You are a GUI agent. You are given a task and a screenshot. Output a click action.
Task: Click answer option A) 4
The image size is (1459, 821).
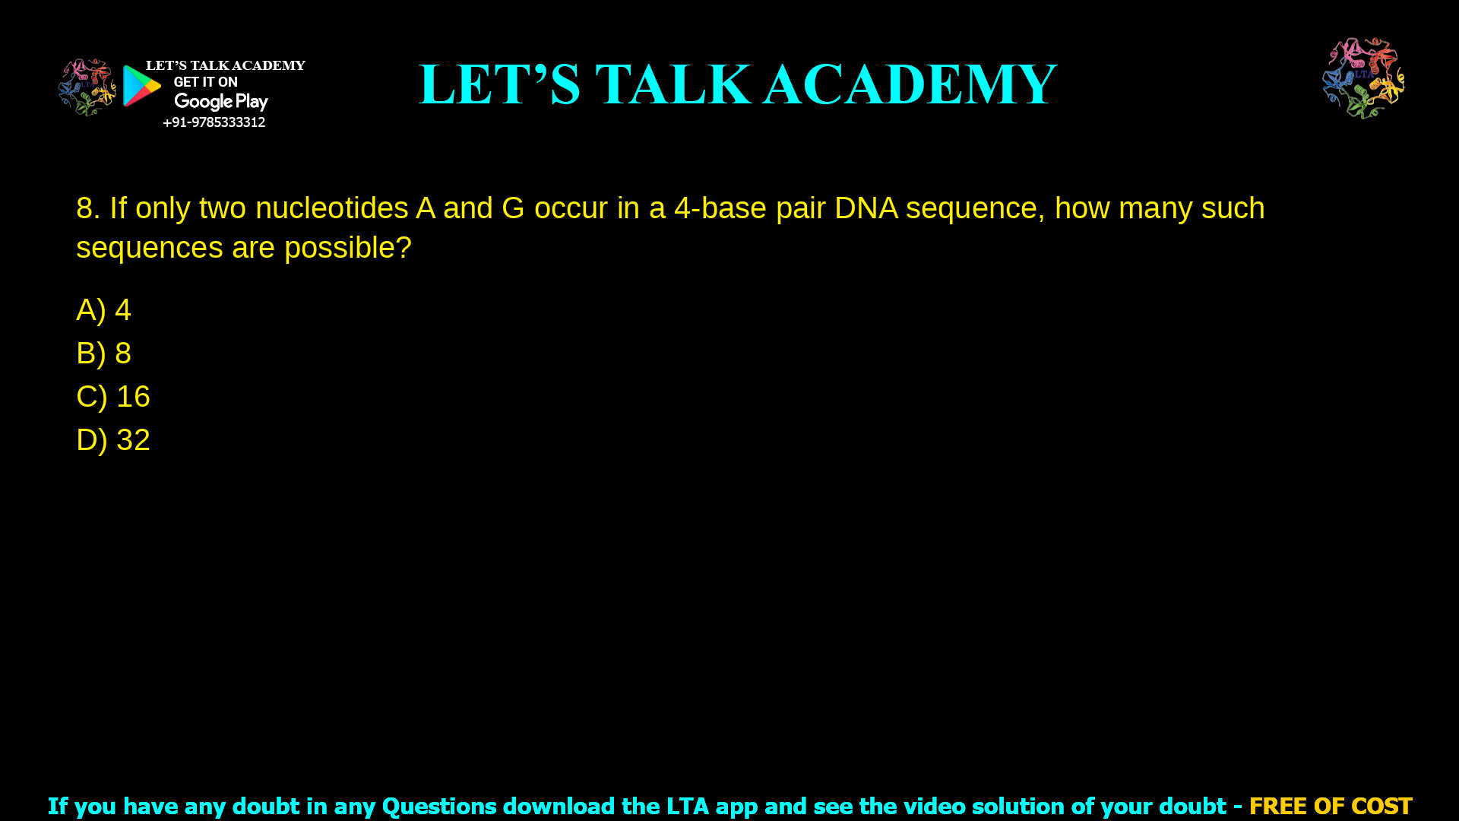click(103, 310)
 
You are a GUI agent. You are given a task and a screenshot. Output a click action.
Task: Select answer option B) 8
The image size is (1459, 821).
click(103, 353)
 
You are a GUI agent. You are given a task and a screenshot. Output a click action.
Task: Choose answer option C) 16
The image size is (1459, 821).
click(113, 397)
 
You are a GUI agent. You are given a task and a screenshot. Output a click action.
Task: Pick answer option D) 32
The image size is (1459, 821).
click(113, 440)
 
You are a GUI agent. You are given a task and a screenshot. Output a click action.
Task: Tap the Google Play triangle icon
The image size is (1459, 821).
click(141, 86)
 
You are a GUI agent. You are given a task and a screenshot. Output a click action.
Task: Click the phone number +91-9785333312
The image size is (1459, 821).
click(214, 122)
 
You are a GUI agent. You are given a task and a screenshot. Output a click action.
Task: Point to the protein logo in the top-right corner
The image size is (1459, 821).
click(1363, 78)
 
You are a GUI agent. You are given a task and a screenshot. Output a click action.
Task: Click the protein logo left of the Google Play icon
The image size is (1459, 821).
click(87, 87)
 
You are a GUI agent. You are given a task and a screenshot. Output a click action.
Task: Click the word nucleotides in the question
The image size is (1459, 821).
click(331, 208)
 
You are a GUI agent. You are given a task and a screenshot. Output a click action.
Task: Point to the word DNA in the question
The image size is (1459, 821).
click(866, 208)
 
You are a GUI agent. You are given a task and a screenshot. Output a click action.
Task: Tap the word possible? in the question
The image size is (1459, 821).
click(347, 248)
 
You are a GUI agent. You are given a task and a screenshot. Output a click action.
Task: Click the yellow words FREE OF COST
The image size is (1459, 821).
click(1331, 806)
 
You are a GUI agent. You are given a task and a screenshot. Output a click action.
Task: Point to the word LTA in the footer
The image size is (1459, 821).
click(688, 806)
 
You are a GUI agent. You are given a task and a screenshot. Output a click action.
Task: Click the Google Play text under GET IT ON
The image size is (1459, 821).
click(220, 102)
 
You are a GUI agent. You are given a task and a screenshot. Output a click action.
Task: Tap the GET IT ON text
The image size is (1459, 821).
click(205, 82)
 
